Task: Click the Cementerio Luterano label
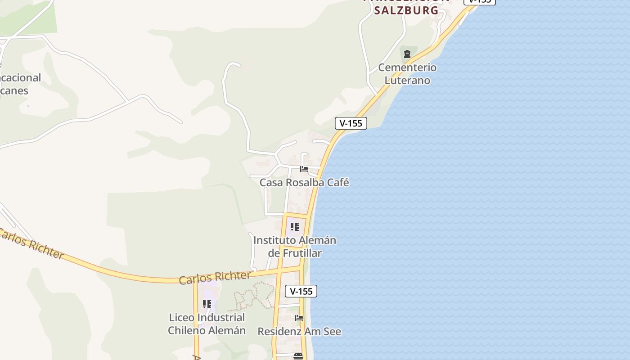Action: coord(407,74)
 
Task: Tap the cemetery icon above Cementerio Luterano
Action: coord(407,54)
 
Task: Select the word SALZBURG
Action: coord(406,10)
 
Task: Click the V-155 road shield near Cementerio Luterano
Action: coord(351,123)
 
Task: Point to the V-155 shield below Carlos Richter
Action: coord(301,291)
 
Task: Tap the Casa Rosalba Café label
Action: coord(304,183)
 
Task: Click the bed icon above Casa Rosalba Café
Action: coord(304,169)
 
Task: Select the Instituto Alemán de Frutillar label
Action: coord(295,247)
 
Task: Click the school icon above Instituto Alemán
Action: coord(295,227)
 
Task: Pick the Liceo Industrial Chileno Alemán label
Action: coord(207,324)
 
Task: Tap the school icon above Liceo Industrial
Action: coord(207,304)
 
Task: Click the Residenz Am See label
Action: coord(299,332)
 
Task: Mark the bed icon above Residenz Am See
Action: coord(299,318)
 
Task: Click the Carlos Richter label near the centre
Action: coord(215,278)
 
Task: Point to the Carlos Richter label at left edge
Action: coord(31,244)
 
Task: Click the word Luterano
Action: coord(407,81)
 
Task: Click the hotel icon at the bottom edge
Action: coord(298,356)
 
